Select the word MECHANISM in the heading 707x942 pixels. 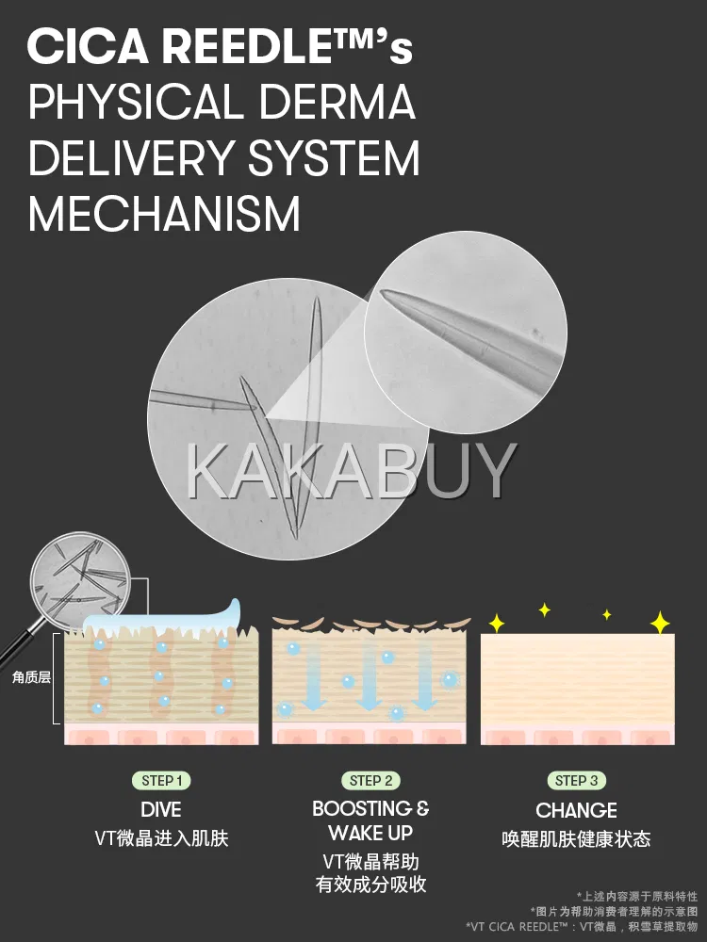pyautogui.click(x=164, y=214)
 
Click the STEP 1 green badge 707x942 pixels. pyautogui.click(x=161, y=780)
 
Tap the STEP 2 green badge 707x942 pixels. pyautogui.click(x=370, y=780)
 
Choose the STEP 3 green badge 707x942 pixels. pyautogui.click(x=576, y=780)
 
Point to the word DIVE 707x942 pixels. pyautogui.click(x=161, y=810)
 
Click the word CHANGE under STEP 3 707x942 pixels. pyautogui.click(x=576, y=810)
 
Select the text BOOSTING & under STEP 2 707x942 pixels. pyautogui.click(x=370, y=808)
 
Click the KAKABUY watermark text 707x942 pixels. pyautogui.click(x=352, y=470)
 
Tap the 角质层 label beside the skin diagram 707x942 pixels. pyautogui.click(x=31, y=677)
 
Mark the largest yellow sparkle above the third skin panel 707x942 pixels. pyautogui.click(x=660, y=623)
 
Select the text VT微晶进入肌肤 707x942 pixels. pyautogui.click(x=161, y=837)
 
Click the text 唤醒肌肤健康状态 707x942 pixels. pyautogui.click(x=576, y=837)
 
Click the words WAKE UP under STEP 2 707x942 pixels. pyautogui.click(x=370, y=833)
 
